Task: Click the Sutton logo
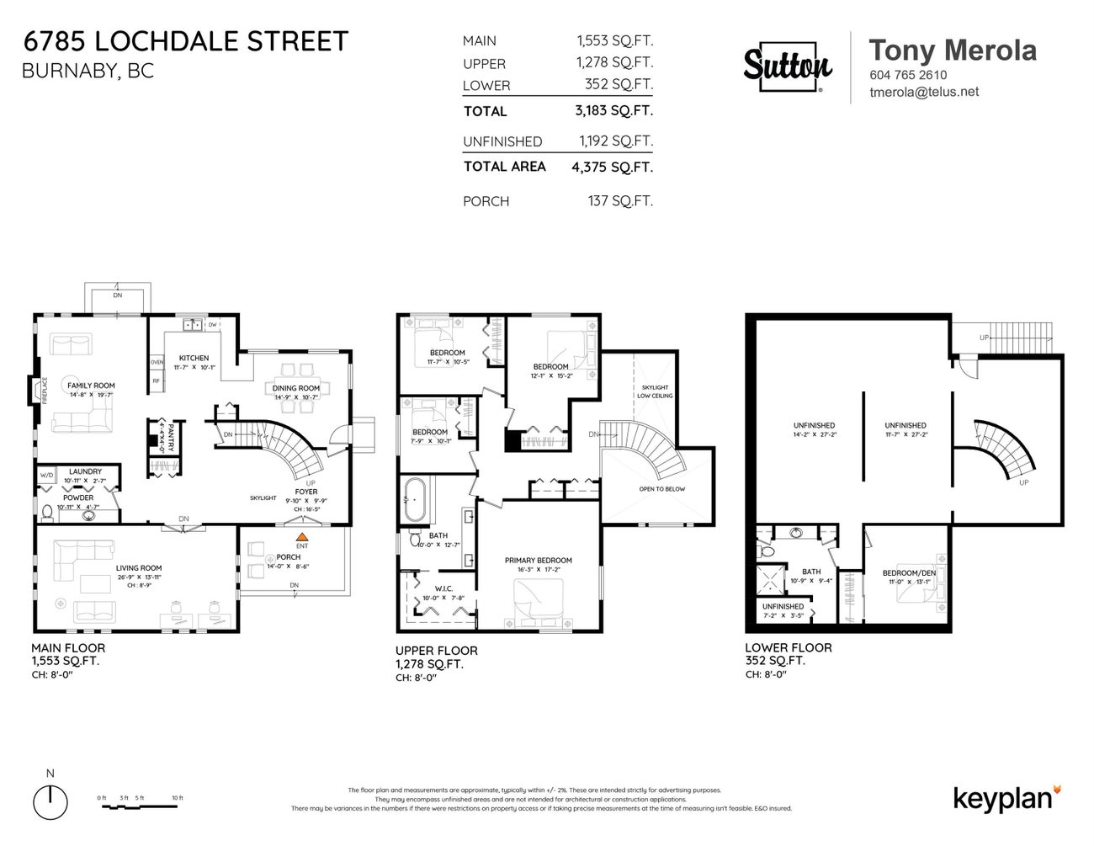tap(788, 67)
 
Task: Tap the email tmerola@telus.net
tap(923, 93)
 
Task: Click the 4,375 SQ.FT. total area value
tap(612, 167)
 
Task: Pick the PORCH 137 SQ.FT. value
tap(619, 201)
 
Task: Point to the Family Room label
tap(91, 386)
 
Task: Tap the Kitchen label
tap(194, 358)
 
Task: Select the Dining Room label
tap(296, 388)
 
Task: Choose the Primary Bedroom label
tap(538, 561)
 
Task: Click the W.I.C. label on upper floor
tap(443, 588)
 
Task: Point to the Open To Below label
tap(662, 488)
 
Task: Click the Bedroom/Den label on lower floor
tap(908, 573)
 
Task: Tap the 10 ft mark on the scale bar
tap(177, 798)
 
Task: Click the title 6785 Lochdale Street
tap(184, 41)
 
